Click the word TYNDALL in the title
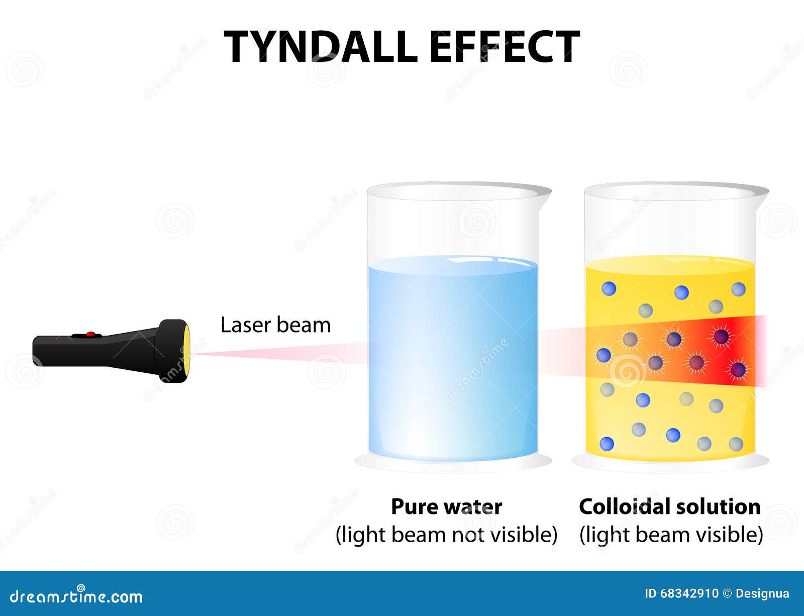tap(321, 47)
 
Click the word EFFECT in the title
tap(505, 47)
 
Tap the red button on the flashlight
tap(90, 335)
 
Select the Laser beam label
tap(276, 325)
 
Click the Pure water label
tap(447, 507)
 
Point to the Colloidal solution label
tap(670, 507)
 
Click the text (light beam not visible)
tap(447, 535)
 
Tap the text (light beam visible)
tap(671, 535)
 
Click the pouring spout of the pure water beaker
tap(543, 193)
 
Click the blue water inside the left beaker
tap(453, 358)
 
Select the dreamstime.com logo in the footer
tap(76, 596)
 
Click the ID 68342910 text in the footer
tap(681, 594)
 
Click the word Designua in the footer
tap(762, 594)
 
